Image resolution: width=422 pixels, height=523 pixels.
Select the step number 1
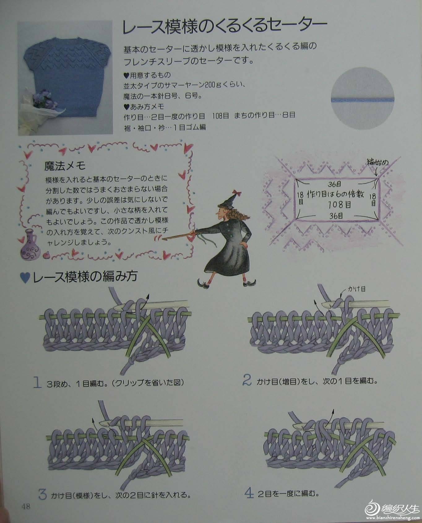pos(37,383)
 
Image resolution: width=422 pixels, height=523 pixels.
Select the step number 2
pos(247,380)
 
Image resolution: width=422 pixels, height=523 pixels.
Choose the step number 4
pos(249,493)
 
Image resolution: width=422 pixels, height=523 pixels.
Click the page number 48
pos(26,507)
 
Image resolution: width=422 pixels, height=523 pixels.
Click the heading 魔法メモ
pos(65,166)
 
